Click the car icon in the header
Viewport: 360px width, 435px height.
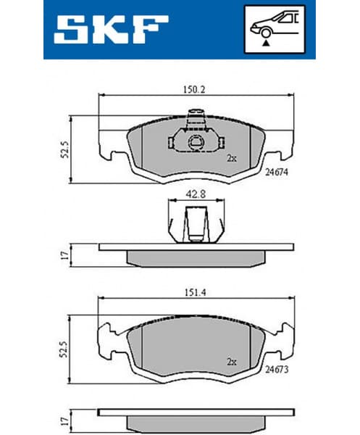click(273, 27)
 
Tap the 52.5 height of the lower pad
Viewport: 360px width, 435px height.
click(66, 351)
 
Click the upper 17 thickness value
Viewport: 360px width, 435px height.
click(66, 254)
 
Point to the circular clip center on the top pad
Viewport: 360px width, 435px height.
click(195, 142)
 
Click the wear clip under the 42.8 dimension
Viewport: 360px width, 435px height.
click(195, 223)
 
